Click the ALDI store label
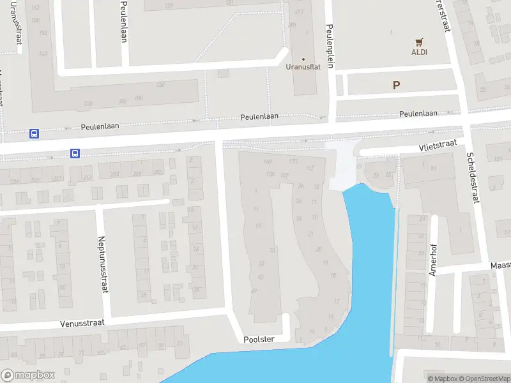(x=419, y=52)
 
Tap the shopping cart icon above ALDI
(x=419, y=42)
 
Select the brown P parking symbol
(x=396, y=85)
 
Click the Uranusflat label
(x=303, y=66)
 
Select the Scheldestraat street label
(x=473, y=177)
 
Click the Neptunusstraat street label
(x=102, y=265)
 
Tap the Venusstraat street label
(x=82, y=323)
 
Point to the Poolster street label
(x=259, y=340)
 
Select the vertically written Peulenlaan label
(x=123, y=22)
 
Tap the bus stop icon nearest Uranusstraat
(x=34, y=134)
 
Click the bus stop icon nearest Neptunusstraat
(x=75, y=153)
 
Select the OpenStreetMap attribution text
(x=485, y=379)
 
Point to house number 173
(x=293, y=161)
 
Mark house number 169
(x=268, y=161)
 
